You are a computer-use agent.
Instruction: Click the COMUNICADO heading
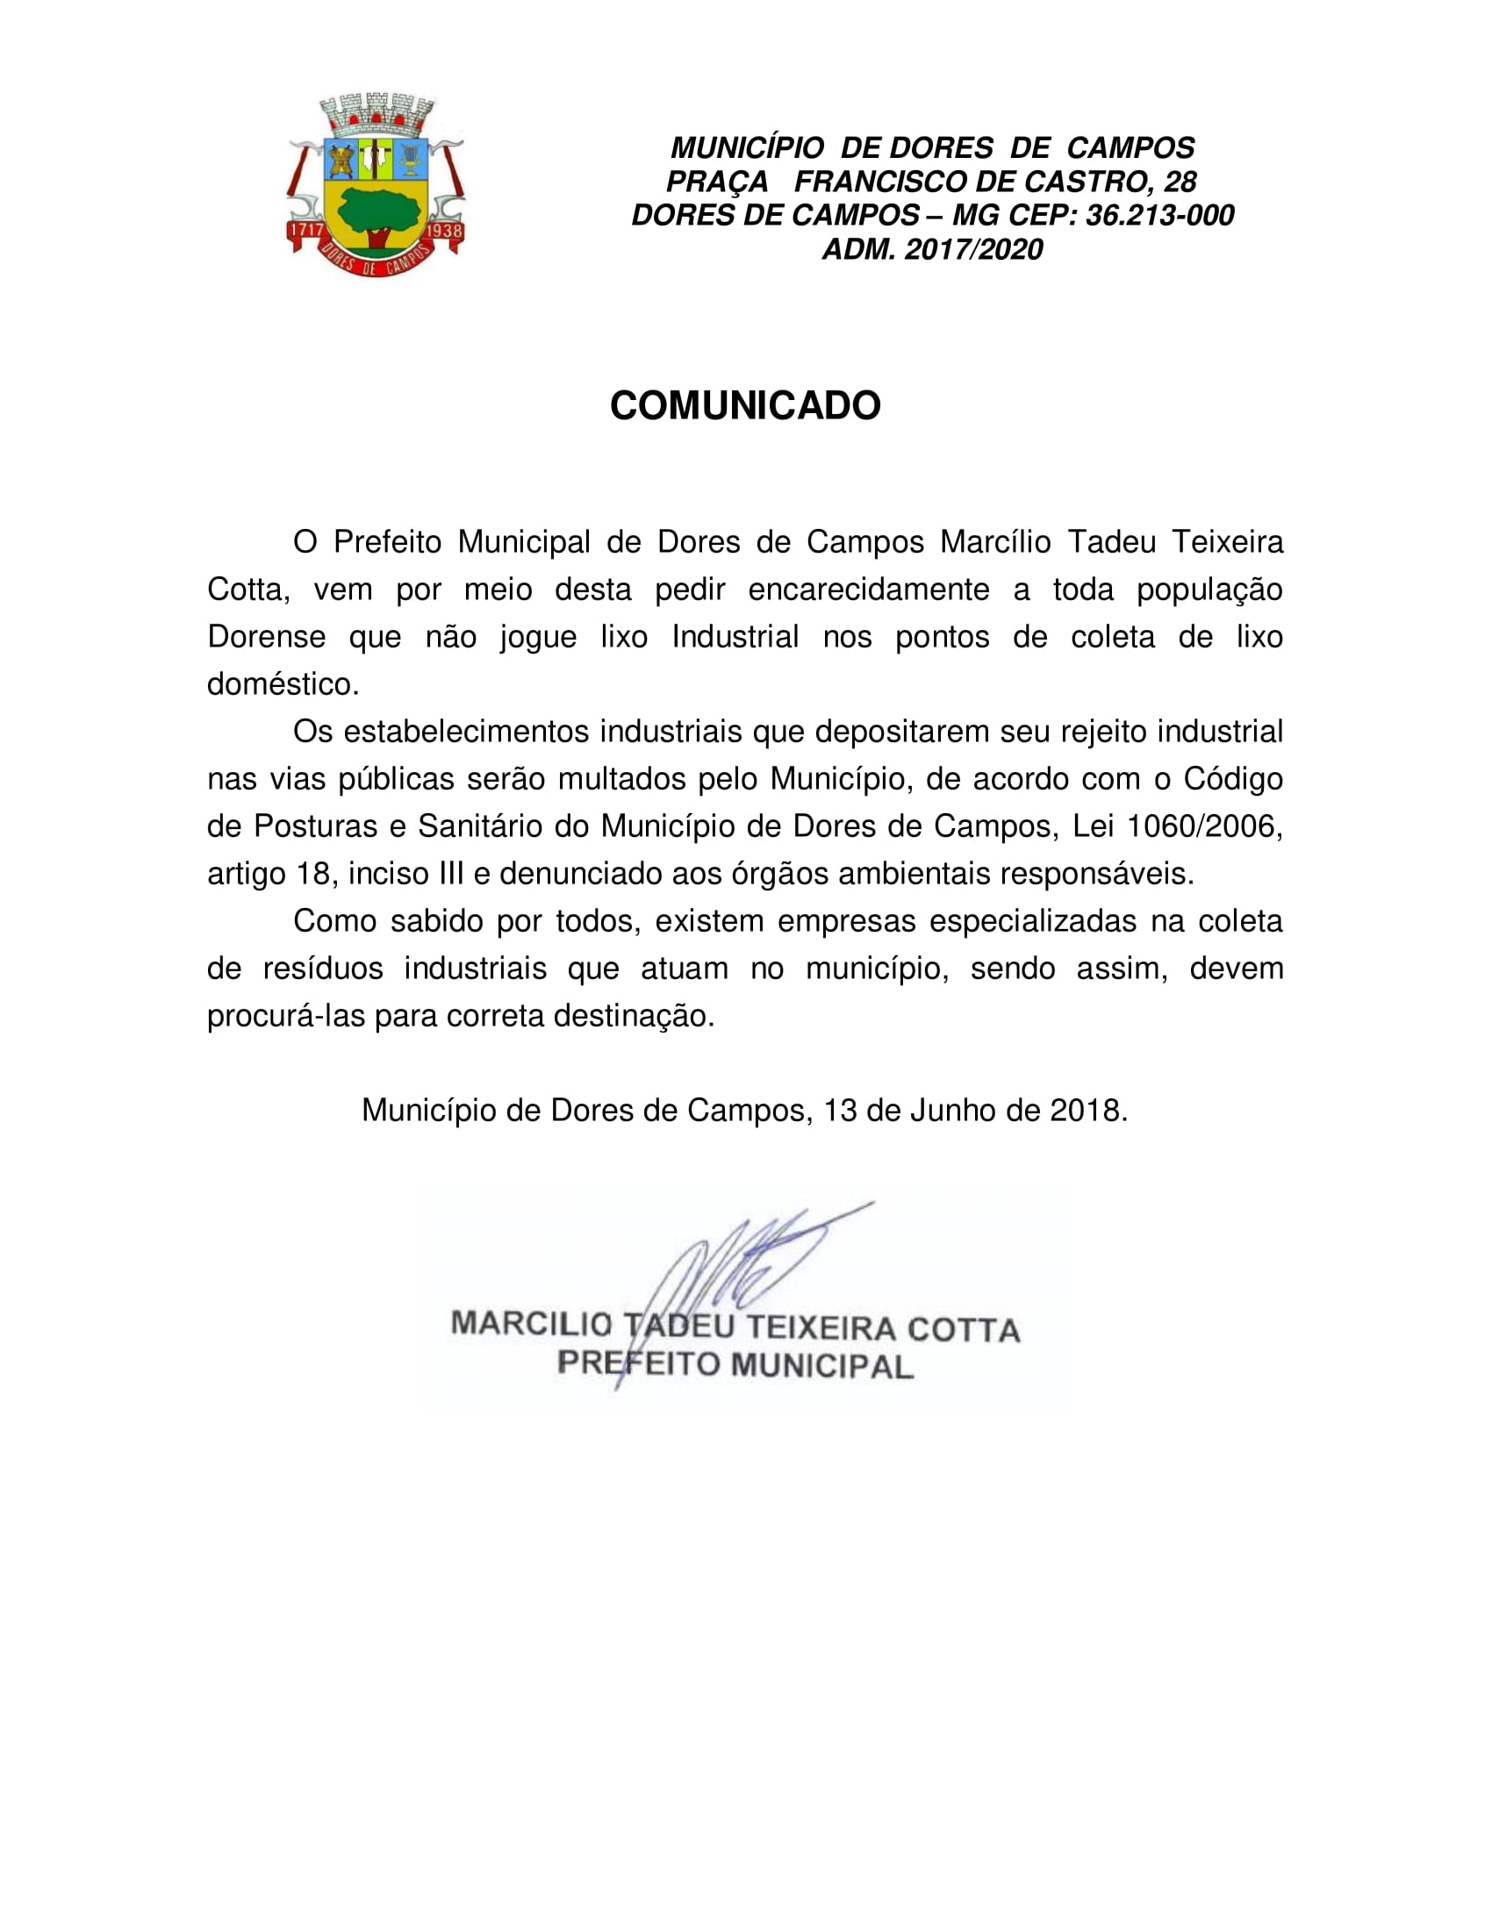[745, 405]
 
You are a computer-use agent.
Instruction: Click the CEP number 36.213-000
[1158, 216]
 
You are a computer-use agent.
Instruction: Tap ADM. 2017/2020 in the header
[932, 249]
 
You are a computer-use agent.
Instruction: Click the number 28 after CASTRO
[1180, 182]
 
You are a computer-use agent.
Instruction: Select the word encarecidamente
[869, 590]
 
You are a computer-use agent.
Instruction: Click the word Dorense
[266, 637]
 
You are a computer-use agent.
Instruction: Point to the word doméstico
[283, 684]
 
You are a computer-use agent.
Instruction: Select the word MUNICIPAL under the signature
[822, 1366]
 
